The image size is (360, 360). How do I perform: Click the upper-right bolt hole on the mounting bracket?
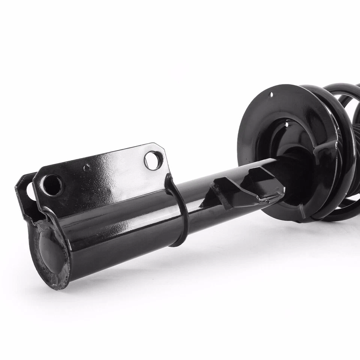click(153, 160)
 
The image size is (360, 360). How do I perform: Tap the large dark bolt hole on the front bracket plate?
click(52, 185)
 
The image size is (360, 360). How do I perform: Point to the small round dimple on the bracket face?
click(87, 167)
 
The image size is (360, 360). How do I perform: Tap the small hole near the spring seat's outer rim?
click(271, 95)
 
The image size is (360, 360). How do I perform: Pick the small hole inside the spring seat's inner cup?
click(286, 124)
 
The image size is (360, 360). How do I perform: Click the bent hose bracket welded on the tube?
click(240, 187)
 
